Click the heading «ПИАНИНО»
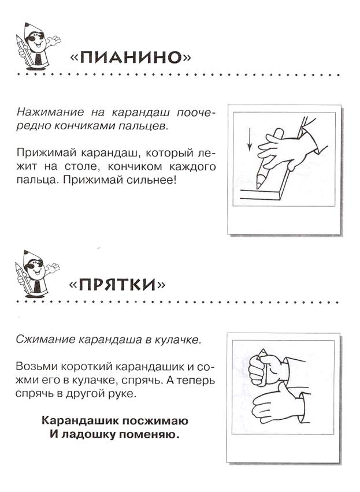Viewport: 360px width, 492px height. (131, 57)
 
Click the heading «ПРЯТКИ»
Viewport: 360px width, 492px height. (117, 284)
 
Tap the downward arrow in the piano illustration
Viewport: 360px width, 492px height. (250, 139)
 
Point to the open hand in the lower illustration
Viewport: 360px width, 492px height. (276, 405)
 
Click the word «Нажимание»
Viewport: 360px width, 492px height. (50, 112)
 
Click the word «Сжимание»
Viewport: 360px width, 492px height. (46, 340)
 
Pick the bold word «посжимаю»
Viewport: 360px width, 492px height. (155, 421)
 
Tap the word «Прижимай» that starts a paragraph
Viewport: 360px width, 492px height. (46, 154)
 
